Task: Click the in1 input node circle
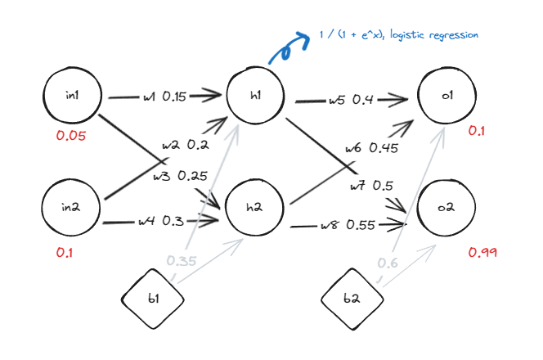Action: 72,97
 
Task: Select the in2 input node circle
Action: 71,207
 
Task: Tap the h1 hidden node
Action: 256,96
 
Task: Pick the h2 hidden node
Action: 256,207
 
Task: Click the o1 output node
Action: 447,96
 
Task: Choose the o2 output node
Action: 447,208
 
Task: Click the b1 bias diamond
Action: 153,299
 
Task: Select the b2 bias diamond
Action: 352,299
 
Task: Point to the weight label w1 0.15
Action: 164,97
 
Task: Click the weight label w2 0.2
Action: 185,145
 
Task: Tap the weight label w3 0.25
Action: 179,175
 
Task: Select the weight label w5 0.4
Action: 351,101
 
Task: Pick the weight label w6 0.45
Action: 371,148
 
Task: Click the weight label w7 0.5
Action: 371,186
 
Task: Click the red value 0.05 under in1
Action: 70,136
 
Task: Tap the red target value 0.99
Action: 482,252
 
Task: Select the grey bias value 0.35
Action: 182,261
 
